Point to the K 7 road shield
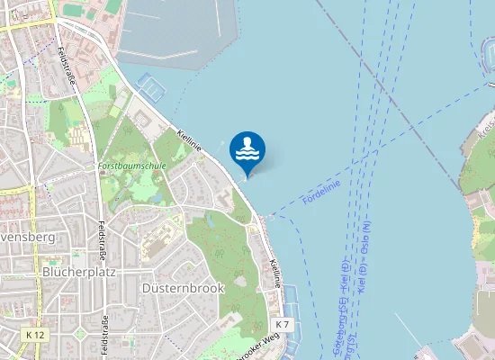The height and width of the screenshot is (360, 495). pos(283,324)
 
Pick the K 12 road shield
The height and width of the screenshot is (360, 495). pos(36,335)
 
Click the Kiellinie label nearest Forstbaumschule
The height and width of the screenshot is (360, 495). pos(188,140)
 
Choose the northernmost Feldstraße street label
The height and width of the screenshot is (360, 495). pos(66,67)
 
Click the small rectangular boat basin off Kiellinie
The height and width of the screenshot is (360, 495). pos(153,87)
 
